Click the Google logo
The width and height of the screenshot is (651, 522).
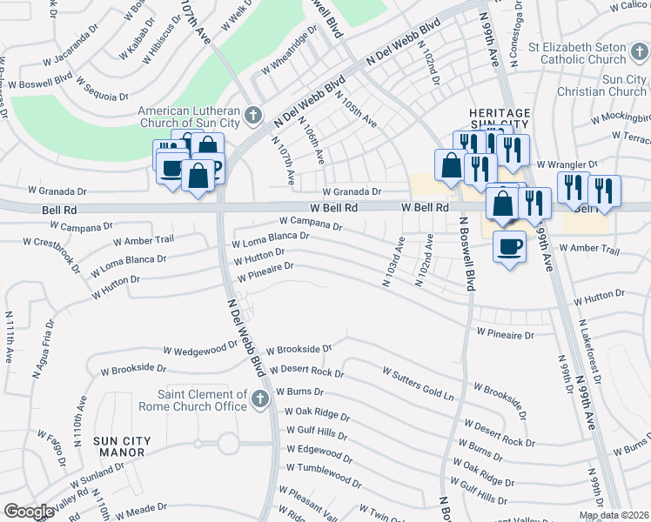[x=29, y=512]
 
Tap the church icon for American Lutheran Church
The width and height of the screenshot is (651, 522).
[x=253, y=115]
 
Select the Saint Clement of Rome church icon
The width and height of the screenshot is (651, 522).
[x=258, y=399]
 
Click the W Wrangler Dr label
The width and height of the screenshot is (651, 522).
[x=567, y=164]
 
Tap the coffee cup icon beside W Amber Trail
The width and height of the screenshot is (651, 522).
[x=509, y=246]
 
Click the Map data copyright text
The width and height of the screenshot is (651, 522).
[x=614, y=515]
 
